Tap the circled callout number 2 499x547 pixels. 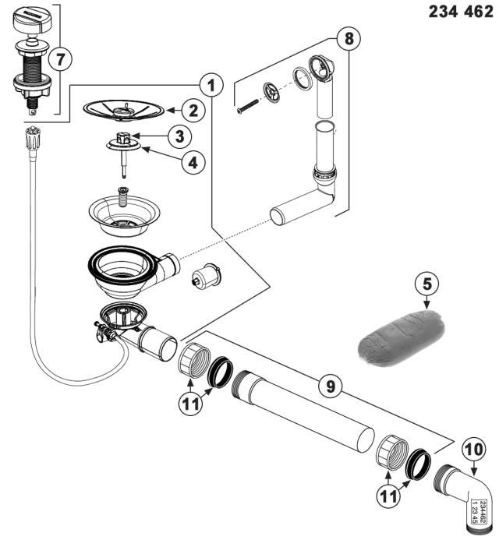coord(195,111)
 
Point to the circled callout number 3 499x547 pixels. coord(179,136)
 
